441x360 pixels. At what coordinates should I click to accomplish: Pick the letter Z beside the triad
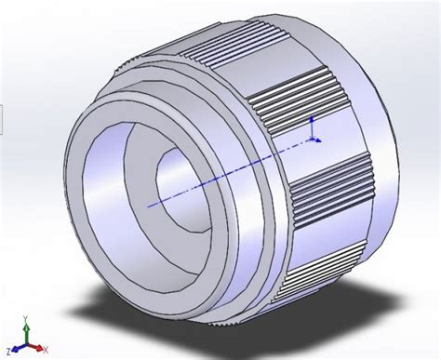15,351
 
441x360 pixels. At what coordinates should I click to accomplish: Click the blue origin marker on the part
312,138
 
